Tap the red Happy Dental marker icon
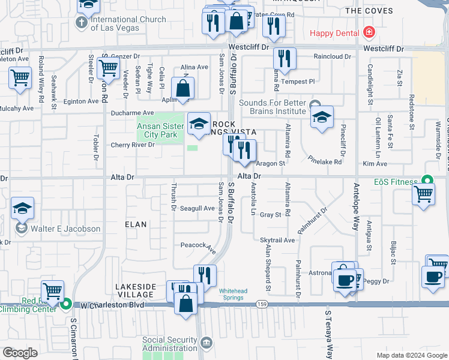[369, 32]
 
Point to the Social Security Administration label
[170, 344]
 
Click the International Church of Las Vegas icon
[82, 23]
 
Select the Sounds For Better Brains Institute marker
[317, 103]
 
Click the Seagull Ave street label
[197, 208]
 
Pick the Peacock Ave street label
[198, 246]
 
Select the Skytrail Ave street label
[277, 240]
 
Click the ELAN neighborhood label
[136, 224]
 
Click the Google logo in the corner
[20, 353]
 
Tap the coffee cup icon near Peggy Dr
[432, 277]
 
